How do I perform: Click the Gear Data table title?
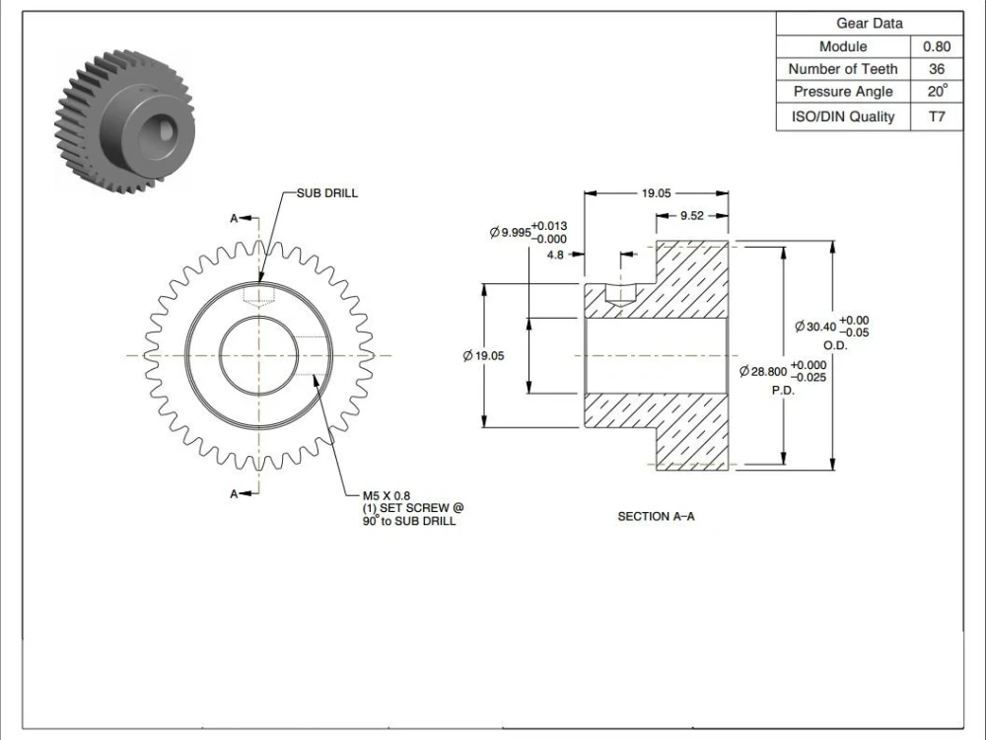click(x=869, y=23)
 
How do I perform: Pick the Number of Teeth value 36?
click(x=936, y=69)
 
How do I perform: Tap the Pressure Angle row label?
click(x=843, y=92)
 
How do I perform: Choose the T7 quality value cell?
click(x=936, y=116)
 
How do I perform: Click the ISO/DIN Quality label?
click(x=843, y=116)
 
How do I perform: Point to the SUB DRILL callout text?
click(x=327, y=193)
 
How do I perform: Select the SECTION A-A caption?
click(x=656, y=516)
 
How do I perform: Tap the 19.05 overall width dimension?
click(x=656, y=193)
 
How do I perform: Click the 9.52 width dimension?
click(x=691, y=216)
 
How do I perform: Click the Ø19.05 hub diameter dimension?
click(x=483, y=356)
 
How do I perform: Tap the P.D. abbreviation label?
click(x=783, y=390)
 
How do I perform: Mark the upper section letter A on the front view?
click(x=234, y=219)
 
